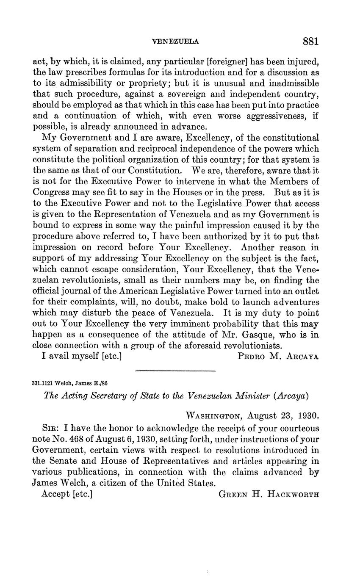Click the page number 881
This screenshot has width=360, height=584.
pyautogui.click(x=310, y=42)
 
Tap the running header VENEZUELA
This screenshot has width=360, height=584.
pyautogui.click(x=175, y=42)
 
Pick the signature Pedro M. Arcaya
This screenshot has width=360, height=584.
pyautogui.click(x=278, y=357)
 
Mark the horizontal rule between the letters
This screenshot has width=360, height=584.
pyautogui.click(x=175, y=371)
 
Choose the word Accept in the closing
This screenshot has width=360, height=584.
pyautogui.click(x=55, y=494)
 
